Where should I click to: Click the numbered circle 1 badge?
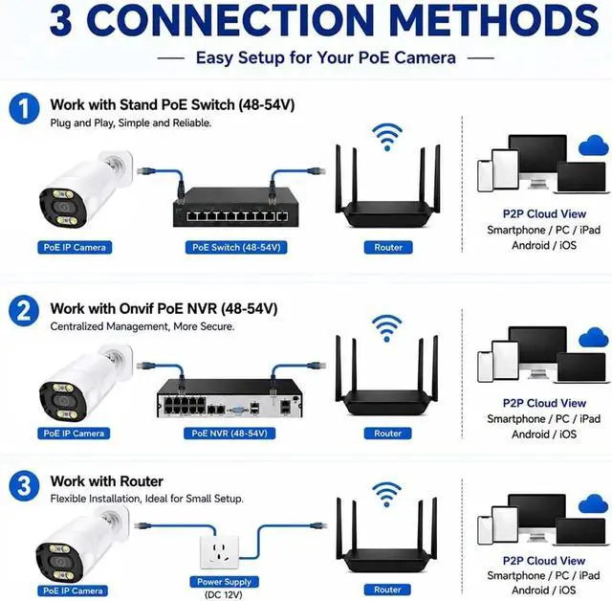24,108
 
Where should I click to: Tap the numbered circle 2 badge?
24,311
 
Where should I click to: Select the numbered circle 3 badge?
24,486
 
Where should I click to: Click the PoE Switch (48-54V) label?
236,248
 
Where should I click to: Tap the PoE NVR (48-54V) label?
229,434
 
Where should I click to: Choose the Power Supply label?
224,582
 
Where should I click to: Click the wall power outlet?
219,552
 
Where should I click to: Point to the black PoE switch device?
236,207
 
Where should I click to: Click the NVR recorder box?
229,398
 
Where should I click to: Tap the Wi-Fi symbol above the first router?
386,137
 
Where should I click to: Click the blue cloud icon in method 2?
594,338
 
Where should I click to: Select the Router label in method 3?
387,590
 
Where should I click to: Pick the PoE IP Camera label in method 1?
75,248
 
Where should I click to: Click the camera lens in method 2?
62,401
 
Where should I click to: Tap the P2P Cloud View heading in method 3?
544,561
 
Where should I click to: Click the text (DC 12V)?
224,594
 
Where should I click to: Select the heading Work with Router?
106,481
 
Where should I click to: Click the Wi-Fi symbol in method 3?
386,495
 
